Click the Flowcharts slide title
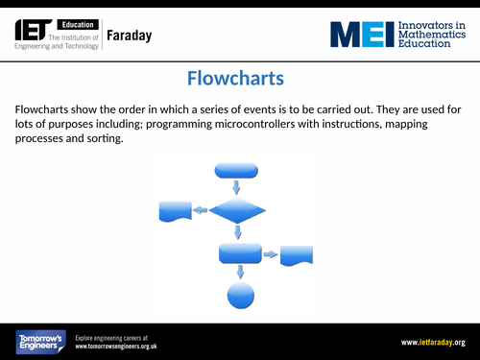(x=240, y=78)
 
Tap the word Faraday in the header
(x=128, y=36)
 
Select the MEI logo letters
(x=362, y=35)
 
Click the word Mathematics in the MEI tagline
(x=431, y=35)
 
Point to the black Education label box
(x=72, y=22)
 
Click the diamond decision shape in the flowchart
(x=237, y=209)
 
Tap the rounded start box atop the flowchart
(x=237, y=170)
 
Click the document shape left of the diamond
(x=175, y=210)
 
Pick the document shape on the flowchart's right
(x=297, y=254)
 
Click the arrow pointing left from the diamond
(x=200, y=210)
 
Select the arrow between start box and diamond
(x=237, y=186)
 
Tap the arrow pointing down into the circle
(x=240, y=273)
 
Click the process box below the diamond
(x=240, y=253)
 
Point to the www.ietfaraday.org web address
(x=433, y=342)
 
